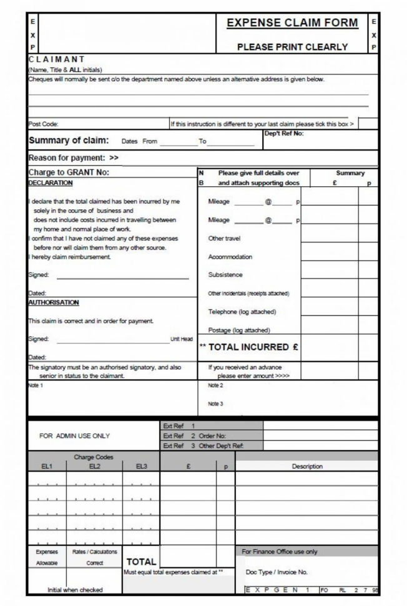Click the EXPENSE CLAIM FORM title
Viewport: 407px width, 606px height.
292,23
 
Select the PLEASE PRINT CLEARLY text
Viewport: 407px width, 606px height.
292,47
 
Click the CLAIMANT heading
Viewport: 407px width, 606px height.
57,59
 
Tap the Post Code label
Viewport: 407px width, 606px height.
44,124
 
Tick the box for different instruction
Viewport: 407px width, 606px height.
368,124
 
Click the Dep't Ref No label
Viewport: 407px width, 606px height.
284,133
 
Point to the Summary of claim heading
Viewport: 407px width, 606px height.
69,140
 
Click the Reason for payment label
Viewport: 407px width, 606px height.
73,157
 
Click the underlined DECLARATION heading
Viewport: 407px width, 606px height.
51,183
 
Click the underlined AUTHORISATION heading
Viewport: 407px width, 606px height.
54,302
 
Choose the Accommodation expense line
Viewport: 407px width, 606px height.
230,257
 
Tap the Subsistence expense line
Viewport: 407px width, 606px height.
225,275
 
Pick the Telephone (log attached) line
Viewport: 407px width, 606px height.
242,312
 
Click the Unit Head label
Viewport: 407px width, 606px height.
182,339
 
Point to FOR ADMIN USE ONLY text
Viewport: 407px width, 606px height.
74,436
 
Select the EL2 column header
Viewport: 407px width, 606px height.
94,466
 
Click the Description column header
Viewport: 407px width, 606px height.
307,466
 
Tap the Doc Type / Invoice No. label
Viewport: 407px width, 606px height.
277,572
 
